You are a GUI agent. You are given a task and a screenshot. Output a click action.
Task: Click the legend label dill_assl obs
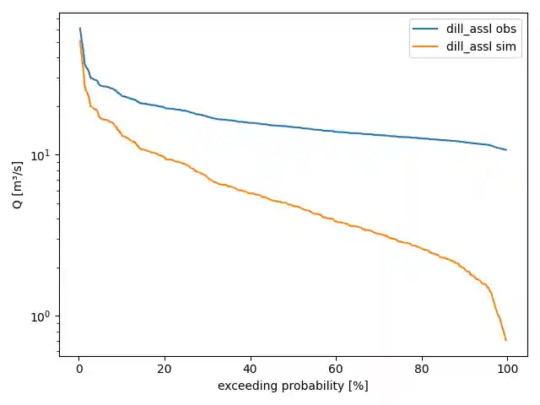tap(481, 30)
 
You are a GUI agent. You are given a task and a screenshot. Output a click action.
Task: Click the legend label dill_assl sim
tap(481, 46)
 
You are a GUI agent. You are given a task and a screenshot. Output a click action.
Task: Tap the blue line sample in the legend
tap(427, 30)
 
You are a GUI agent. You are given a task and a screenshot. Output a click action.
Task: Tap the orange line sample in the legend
tap(427, 46)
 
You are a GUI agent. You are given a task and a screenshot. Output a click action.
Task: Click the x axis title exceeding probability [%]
tap(293, 386)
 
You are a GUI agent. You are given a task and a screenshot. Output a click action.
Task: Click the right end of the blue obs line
tap(506, 149)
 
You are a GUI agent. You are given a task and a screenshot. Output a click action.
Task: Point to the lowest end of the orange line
tap(505, 339)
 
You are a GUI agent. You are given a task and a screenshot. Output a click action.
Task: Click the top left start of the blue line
tap(80, 29)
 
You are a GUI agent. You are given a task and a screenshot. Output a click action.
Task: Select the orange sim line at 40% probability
tap(251, 193)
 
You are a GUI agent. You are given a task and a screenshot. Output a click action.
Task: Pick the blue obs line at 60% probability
tap(336, 132)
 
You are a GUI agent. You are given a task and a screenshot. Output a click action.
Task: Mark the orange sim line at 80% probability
tap(422, 249)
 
